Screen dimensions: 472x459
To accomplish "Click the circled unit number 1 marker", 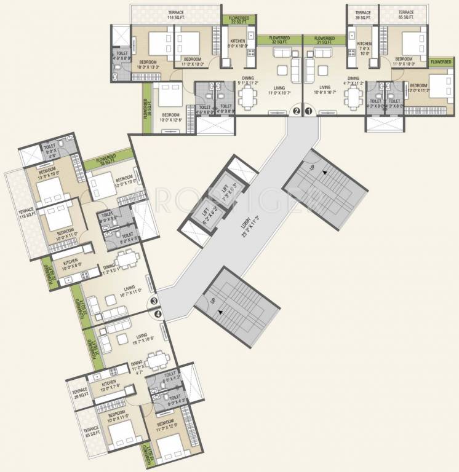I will (309, 111).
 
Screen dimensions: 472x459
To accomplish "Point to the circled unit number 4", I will (159, 314).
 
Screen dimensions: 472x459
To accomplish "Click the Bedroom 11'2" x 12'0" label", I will (167, 425).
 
